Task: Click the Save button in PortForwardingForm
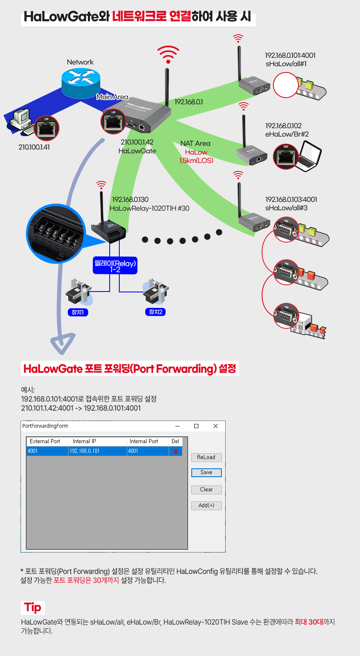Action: click(206, 473)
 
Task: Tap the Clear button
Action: click(206, 489)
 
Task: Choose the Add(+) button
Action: click(206, 506)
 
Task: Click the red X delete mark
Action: click(176, 451)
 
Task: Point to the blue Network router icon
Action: click(81, 83)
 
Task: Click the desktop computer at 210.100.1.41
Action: click(21, 122)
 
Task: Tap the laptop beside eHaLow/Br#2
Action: click(308, 156)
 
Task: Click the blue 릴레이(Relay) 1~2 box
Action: click(115, 266)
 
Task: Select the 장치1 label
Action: click(78, 312)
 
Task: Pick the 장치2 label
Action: click(155, 312)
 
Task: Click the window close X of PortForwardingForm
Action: click(216, 426)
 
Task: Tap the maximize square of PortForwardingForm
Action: click(196, 426)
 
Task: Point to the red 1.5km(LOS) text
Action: click(196, 160)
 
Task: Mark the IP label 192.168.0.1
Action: click(188, 102)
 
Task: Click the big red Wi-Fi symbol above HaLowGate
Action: click(168, 54)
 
